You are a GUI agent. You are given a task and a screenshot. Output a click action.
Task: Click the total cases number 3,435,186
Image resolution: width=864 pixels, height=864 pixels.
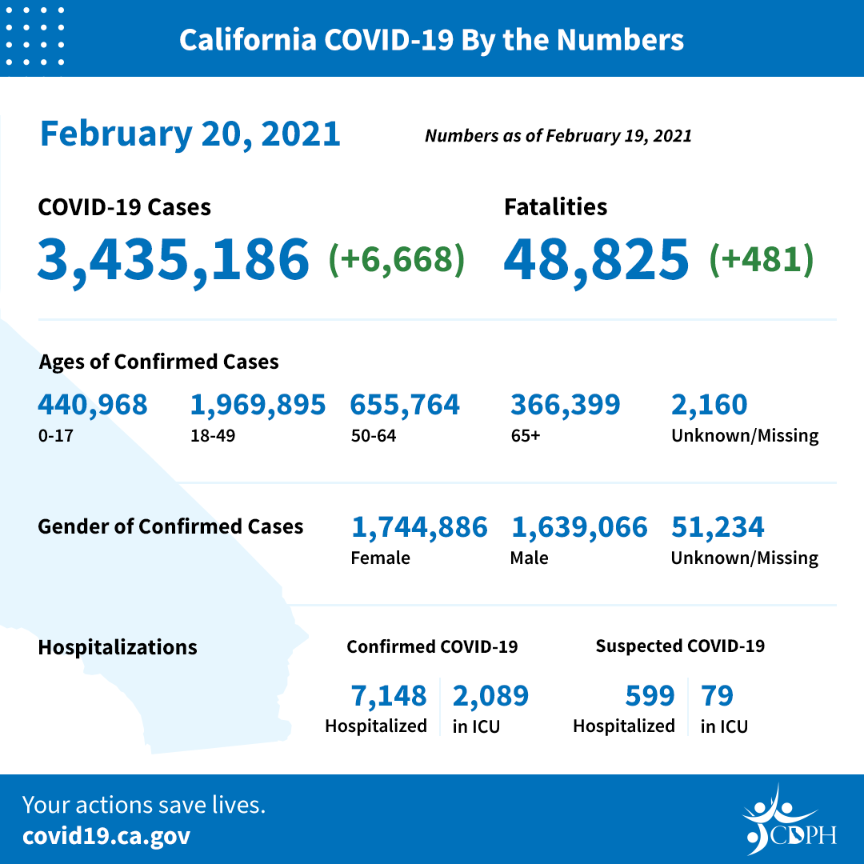[173, 258]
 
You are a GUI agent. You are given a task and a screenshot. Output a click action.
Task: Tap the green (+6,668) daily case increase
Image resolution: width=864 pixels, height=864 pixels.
[397, 259]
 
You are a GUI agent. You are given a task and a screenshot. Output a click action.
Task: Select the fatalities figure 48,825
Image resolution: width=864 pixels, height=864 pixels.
[596, 258]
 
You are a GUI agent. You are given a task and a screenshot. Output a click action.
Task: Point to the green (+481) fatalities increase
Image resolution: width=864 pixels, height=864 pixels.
[762, 259]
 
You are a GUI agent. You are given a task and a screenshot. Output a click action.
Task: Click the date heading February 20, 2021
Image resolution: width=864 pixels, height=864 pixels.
[190, 133]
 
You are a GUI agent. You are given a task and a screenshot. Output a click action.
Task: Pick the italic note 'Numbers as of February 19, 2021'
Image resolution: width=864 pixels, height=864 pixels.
[558, 136]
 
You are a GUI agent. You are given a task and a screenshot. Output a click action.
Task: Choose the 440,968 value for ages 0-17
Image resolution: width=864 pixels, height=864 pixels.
[93, 405]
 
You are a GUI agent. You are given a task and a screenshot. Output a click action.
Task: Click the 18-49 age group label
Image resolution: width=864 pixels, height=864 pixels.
[208, 436]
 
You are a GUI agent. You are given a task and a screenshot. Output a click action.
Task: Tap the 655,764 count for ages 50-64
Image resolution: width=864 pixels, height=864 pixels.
[405, 405]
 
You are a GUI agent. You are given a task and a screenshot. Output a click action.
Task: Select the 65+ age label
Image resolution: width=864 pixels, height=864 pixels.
[525, 436]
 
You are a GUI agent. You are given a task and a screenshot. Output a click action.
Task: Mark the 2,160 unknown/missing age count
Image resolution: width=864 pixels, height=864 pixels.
[709, 405]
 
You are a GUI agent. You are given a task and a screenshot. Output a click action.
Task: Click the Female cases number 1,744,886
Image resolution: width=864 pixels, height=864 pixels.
[419, 526]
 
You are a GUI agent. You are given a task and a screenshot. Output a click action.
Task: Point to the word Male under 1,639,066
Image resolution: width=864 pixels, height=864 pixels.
[529, 558]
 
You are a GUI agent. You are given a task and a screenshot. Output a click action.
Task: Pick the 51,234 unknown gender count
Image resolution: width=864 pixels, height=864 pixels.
[718, 526]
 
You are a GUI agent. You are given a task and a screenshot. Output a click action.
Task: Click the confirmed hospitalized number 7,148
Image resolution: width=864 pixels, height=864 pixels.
[389, 695]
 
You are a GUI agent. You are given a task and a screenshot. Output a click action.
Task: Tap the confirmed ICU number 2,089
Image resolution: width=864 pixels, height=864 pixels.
[490, 695]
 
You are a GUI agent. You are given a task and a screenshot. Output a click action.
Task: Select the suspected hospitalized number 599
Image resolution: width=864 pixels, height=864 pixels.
[650, 695]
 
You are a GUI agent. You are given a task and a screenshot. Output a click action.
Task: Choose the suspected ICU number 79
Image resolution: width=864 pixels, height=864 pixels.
[717, 695]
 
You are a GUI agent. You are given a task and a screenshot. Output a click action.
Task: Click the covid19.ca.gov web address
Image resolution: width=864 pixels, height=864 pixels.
[106, 836]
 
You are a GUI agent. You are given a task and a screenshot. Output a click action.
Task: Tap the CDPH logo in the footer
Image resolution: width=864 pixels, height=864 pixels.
[789, 821]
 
